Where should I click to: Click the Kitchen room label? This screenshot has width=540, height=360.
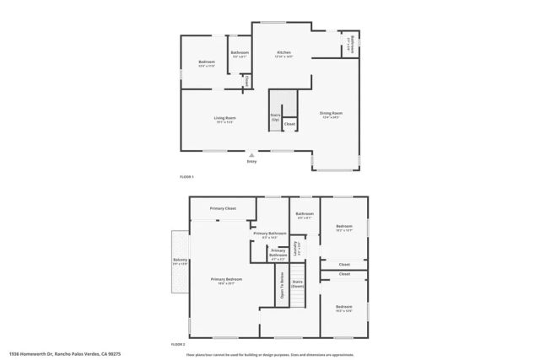click(284, 52)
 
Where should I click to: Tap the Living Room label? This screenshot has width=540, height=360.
click(224, 118)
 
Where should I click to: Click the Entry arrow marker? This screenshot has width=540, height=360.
click(251, 155)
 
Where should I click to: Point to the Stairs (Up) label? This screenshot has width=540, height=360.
click(275, 117)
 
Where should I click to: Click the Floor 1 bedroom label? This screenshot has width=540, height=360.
click(207, 62)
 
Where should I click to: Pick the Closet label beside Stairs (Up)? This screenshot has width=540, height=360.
click(289, 124)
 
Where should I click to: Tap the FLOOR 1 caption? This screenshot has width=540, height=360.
click(186, 176)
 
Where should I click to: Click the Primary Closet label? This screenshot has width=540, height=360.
click(223, 207)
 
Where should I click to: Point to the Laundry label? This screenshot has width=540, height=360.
click(295, 250)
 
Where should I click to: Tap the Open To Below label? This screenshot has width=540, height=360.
click(281, 286)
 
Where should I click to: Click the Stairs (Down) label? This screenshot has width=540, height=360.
click(297, 284)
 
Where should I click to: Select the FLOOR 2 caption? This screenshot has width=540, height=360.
click(178, 345)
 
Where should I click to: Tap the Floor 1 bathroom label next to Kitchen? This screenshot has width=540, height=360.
click(240, 53)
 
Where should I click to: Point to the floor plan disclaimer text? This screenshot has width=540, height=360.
click(269, 355)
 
